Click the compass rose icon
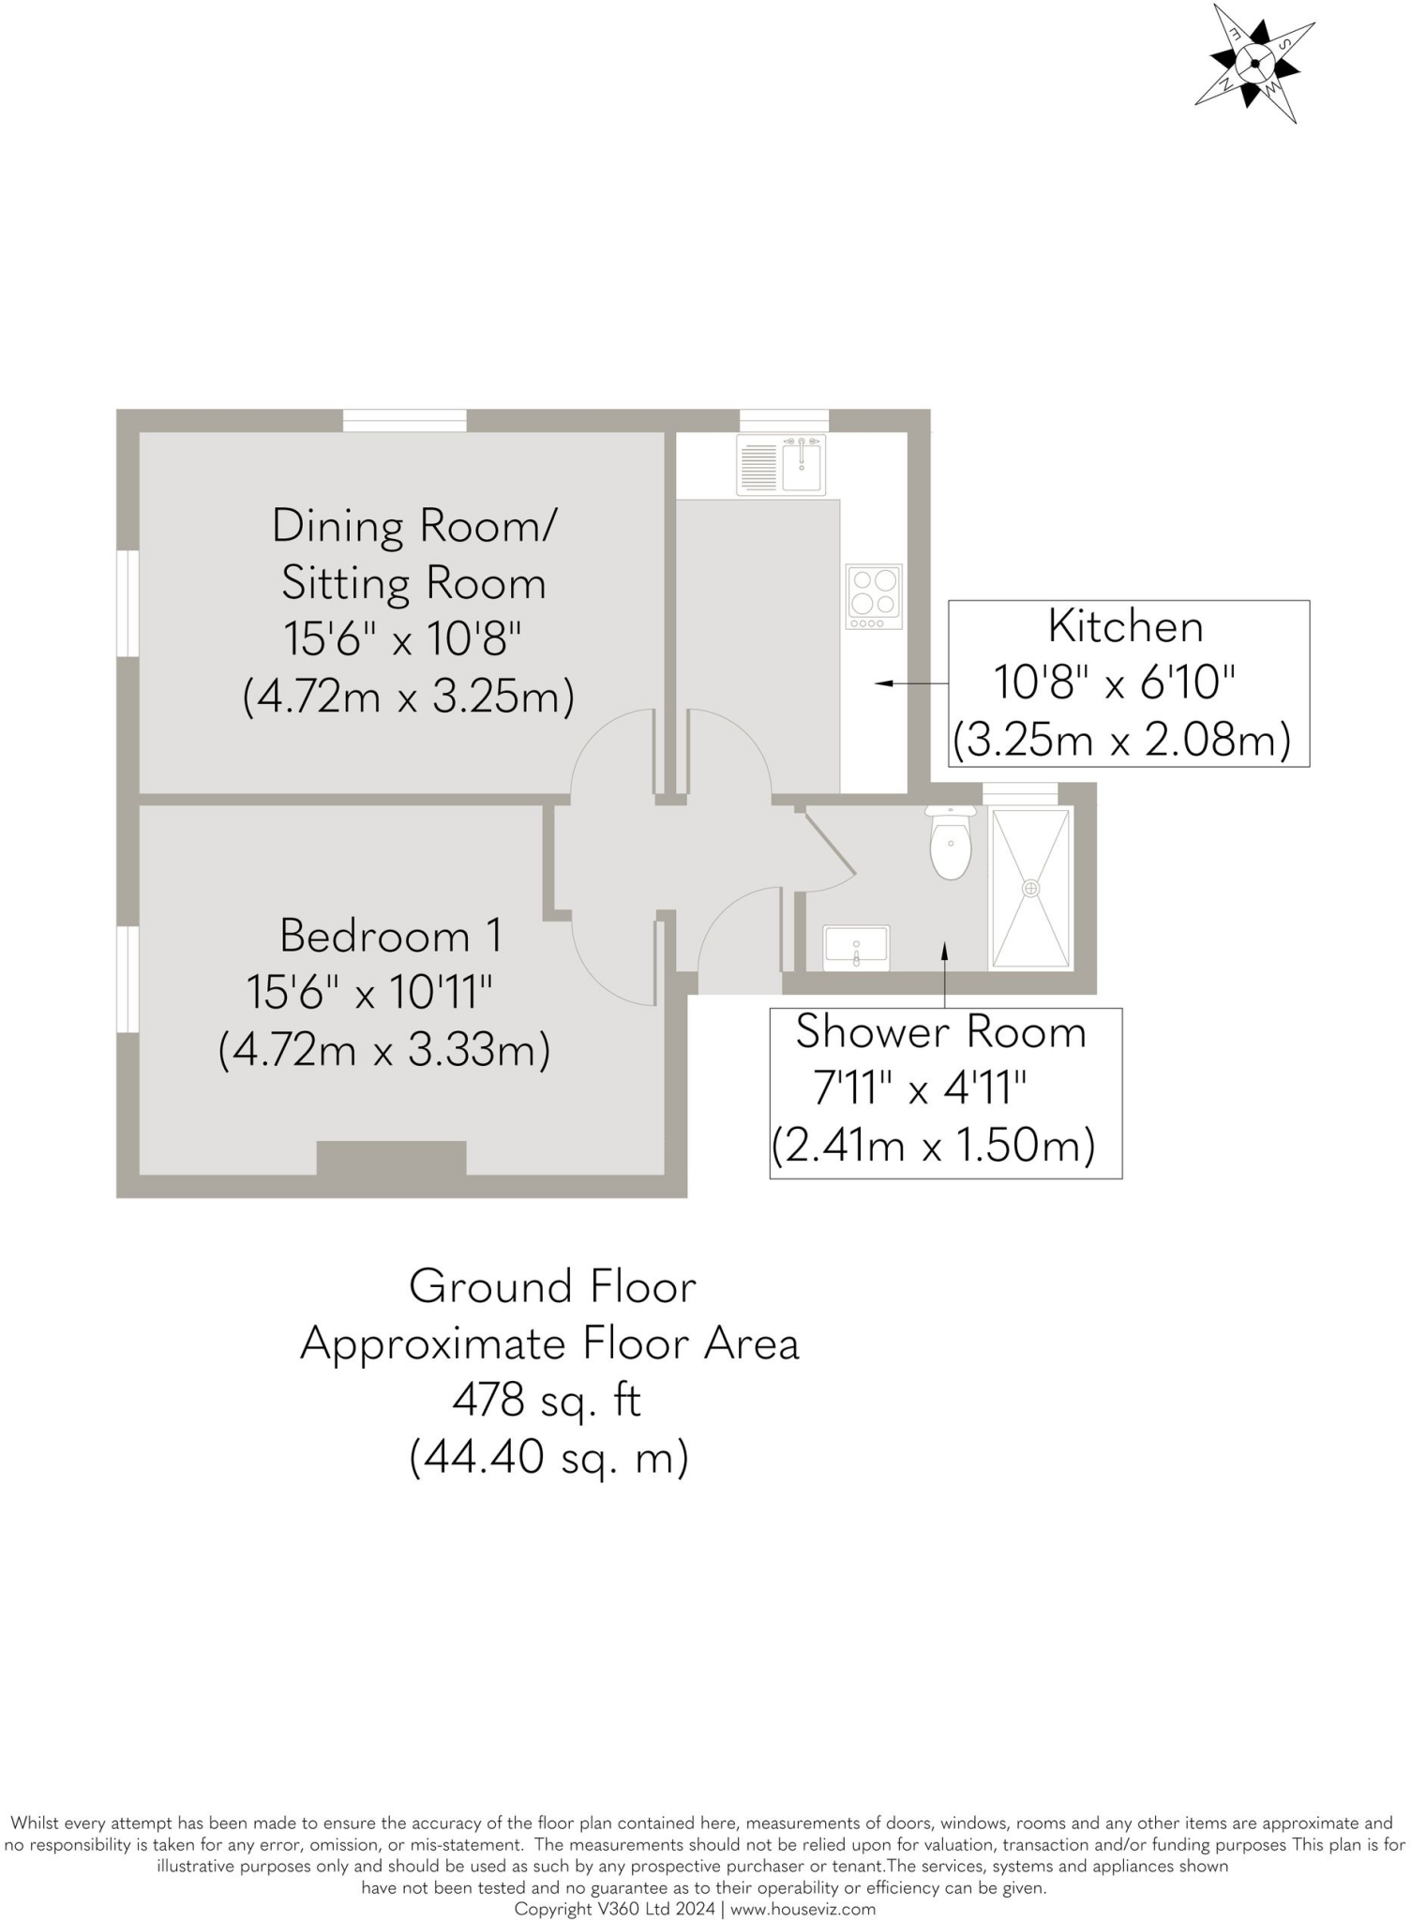(1253, 64)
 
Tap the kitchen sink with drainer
(782, 465)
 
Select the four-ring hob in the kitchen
(874, 596)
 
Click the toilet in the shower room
(950, 844)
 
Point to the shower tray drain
(1031, 887)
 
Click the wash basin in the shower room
(856, 948)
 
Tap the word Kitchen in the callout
(1125, 626)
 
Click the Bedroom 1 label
(390, 936)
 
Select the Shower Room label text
(940, 1032)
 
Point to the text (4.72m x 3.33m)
(383, 1050)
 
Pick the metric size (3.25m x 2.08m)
(1121, 740)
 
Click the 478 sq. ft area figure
(547, 1401)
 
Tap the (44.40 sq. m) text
(548, 1458)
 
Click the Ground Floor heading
(552, 1286)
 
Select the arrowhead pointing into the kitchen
(882, 684)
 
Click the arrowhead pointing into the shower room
(944, 951)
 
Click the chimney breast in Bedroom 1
(391, 1157)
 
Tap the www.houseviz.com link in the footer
(803, 1909)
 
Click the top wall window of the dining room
(404, 421)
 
